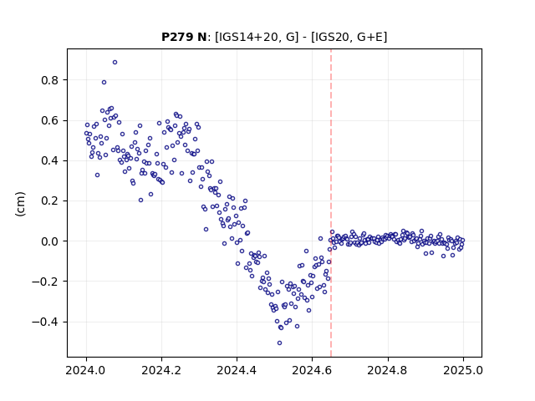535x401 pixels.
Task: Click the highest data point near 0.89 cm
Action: pos(115,63)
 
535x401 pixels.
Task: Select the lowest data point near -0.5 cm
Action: pos(279,343)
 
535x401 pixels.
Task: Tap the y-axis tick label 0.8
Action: pos(50,80)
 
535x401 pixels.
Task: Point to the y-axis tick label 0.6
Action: pos(50,120)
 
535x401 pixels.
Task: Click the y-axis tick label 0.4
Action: pos(50,161)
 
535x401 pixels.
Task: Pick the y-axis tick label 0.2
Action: pos(50,201)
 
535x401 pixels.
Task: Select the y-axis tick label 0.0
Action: pos(50,241)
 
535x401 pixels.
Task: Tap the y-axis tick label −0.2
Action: pos(45,282)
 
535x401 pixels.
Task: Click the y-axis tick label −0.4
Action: pos(45,322)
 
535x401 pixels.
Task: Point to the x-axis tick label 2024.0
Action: pos(86,370)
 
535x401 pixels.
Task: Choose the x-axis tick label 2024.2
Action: pos(161,370)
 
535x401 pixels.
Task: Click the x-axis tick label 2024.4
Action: pos(237,370)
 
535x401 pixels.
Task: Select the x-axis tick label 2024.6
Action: pos(312,370)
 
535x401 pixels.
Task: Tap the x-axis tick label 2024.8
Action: pos(387,370)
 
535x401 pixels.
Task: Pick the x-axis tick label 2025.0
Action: pos(463,370)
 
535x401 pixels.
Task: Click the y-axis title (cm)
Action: pos(20,204)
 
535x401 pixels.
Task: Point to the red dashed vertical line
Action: pos(331,203)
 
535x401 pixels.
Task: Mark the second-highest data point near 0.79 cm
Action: pos(104,82)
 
